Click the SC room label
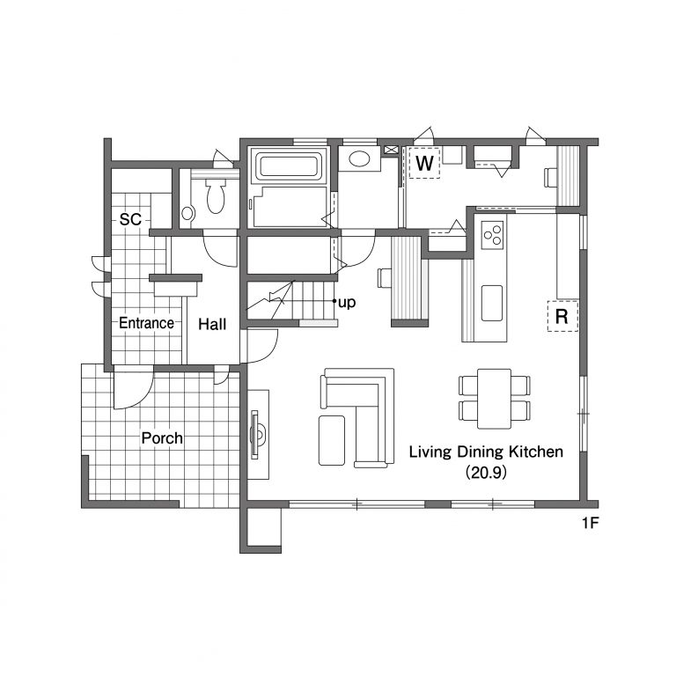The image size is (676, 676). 130,219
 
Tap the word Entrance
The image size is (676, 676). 147,323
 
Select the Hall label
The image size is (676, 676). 212,324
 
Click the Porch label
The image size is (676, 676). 162,438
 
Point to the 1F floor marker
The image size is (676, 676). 591,523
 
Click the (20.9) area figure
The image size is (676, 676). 486,473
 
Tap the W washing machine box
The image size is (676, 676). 424,163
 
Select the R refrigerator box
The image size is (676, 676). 562,316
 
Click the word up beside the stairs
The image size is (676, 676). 347,303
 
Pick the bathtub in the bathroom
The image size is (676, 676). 289,166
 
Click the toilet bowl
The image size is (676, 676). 216,196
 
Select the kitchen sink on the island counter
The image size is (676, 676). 492,303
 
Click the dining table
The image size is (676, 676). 494,399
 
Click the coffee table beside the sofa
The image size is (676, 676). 332,440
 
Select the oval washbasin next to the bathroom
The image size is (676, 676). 359,158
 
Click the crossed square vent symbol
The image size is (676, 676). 391,150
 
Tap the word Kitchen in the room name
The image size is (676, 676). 536,452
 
